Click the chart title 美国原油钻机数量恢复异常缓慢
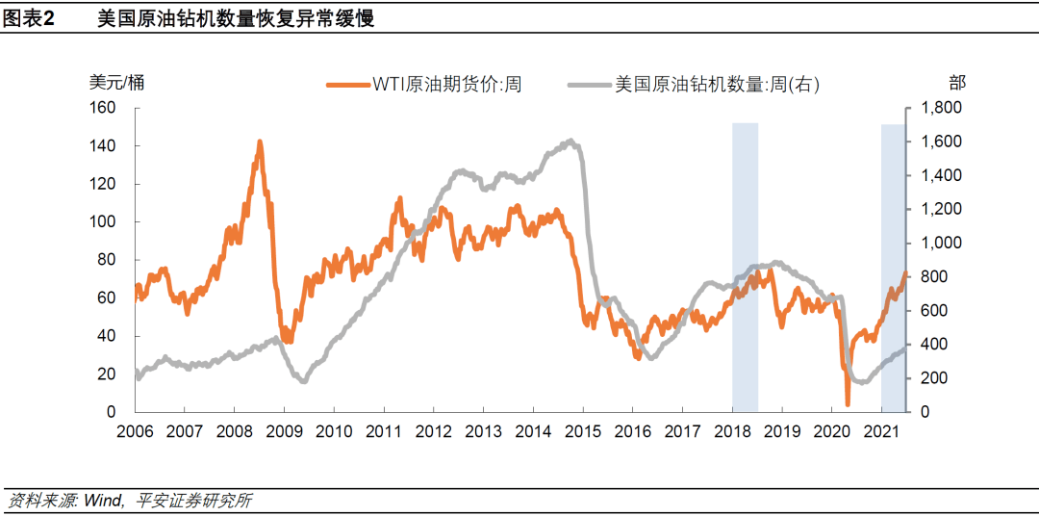coord(236,19)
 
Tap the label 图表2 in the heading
coord(30,19)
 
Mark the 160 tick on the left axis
coord(102,108)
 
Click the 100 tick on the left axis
coord(102,221)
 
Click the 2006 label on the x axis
coord(136,431)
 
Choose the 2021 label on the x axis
coord(881,431)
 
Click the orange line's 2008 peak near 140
coord(260,142)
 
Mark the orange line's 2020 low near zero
coord(848,403)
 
